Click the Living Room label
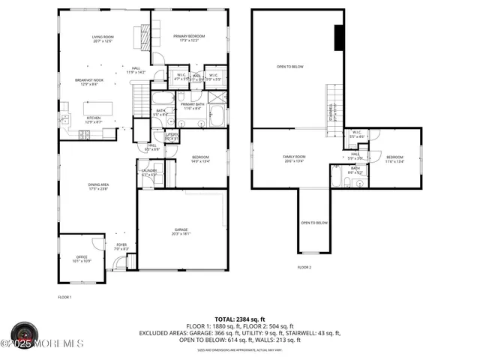pos(102,39)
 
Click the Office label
pos(81,259)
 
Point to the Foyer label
pos(121,247)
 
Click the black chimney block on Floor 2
pos(338,36)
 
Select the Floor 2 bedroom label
pos(394,159)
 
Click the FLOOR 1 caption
pos(64,298)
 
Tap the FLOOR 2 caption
pos(304,268)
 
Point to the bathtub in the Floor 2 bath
pos(337,178)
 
